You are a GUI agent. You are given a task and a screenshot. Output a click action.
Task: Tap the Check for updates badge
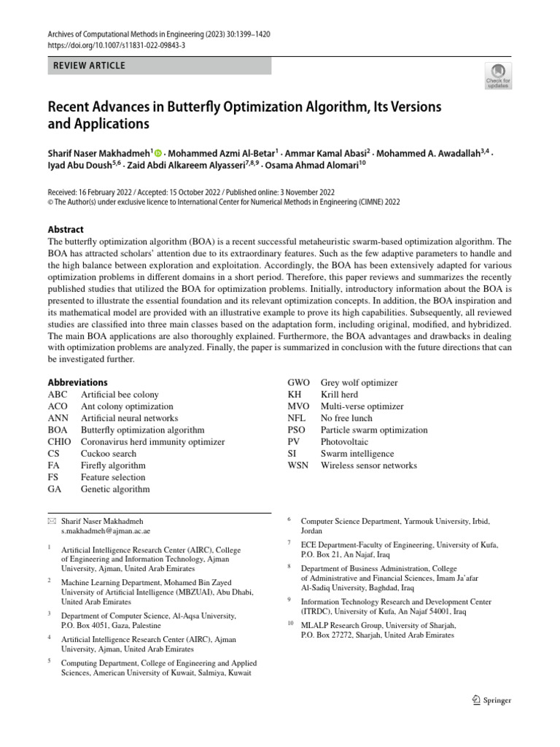(498, 75)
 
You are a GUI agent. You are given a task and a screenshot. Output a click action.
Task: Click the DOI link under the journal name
(117, 44)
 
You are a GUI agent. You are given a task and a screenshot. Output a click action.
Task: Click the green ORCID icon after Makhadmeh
(158, 153)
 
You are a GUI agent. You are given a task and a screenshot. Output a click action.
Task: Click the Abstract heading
(66, 229)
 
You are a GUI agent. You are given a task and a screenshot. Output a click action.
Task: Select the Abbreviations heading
(77, 382)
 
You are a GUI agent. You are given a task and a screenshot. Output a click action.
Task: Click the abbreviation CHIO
(59, 442)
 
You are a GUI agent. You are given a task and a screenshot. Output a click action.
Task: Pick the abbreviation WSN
(299, 465)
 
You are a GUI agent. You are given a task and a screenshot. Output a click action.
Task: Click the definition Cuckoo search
(109, 454)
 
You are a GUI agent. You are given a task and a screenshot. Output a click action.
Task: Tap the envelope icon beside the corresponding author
(51, 522)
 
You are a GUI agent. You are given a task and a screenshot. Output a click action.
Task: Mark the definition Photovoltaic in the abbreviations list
(345, 442)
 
